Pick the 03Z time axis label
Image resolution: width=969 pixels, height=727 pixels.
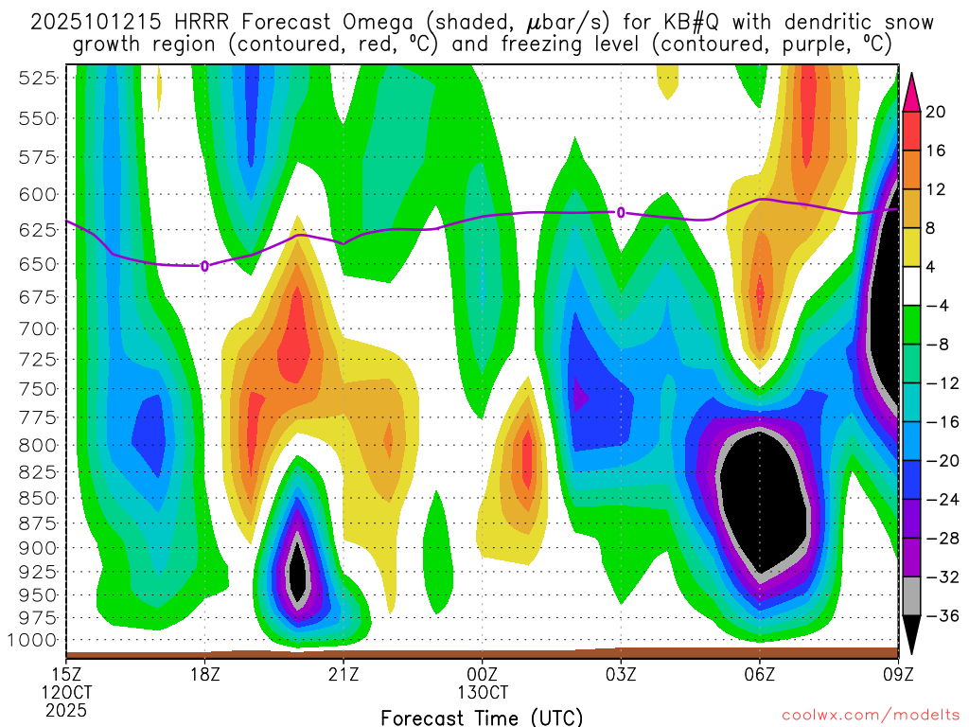pyautogui.click(x=621, y=674)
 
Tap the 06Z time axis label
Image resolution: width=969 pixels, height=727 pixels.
pyautogui.click(x=760, y=674)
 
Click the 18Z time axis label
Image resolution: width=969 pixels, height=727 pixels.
pyautogui.click(x=205, y=674)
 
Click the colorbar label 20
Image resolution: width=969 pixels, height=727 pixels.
pyautogui.click(x=936, y=112)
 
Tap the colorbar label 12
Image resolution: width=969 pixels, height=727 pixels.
pyautogui.click(x=936, y=189)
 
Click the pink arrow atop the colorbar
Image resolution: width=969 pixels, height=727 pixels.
pyautogui.click(x=913, y=91)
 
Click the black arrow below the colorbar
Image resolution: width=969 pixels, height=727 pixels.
pyautogui.click(x=913, y=636)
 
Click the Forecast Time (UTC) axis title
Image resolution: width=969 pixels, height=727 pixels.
pyautogui.click(x=482, y=717)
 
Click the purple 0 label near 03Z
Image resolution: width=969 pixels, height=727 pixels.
pyautogui.click(x=621, y=212)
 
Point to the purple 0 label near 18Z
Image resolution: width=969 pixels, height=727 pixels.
pyautogui.click(x=204, y=266)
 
